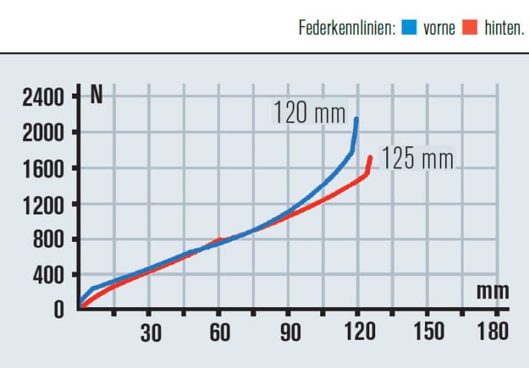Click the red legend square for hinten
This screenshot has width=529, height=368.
[x=469, y=29]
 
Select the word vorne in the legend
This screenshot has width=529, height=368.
[x=438, y=30]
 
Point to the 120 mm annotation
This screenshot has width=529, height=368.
[x=309, y=114]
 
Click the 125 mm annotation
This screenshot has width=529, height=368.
[x=417, y=160]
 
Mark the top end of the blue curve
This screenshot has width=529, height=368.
[x=357, y=119]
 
